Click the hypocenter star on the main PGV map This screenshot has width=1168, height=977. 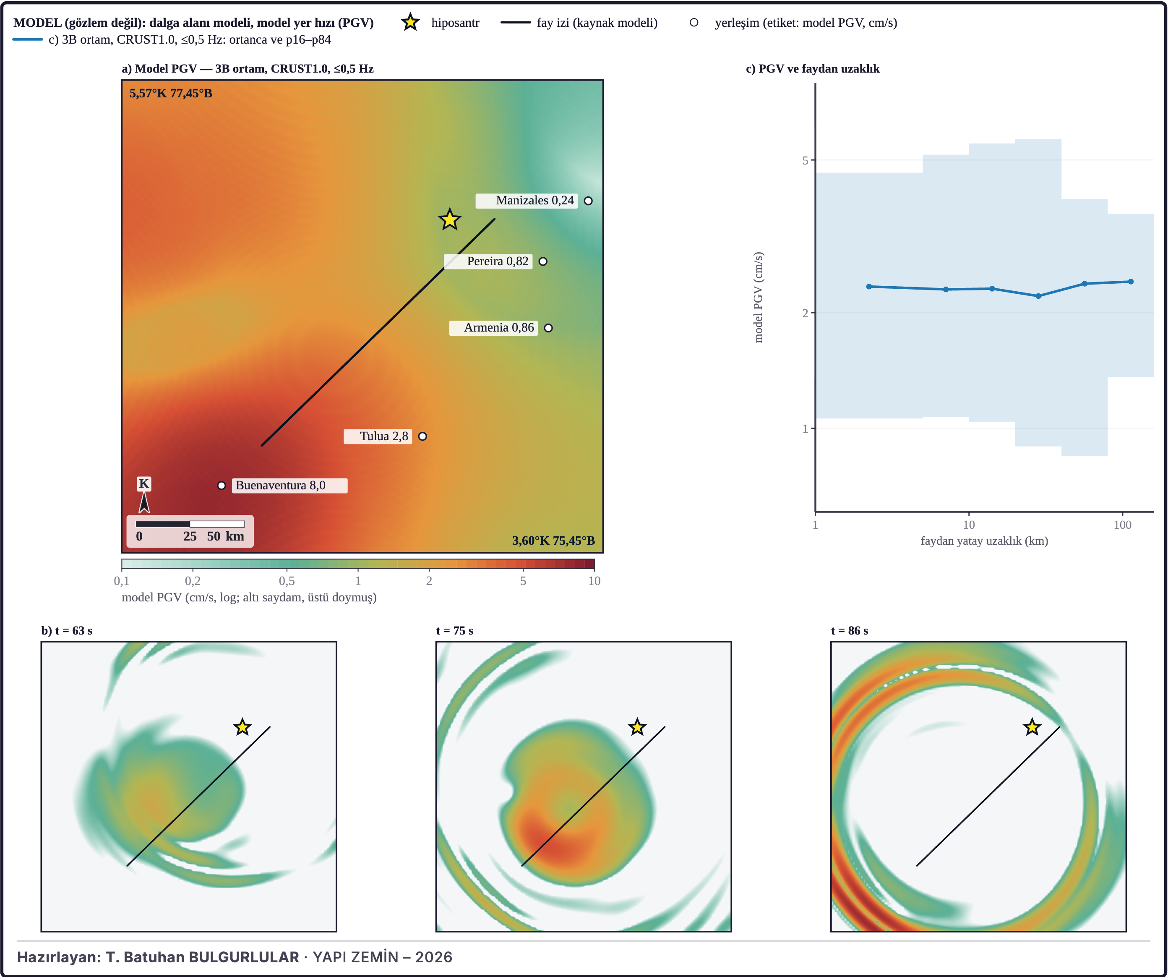(449, 220)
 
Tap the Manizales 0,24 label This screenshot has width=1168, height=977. (534, 200)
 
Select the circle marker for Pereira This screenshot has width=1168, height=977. (543, 261)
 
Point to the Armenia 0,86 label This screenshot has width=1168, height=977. (499, 328)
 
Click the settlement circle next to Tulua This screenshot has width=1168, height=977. (423, 436)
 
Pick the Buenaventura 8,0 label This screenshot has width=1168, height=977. (280, 485)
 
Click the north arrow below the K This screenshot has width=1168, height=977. (144, 502)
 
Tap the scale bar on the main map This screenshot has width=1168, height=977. (190, 524)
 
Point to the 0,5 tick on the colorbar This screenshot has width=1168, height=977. (287, 581)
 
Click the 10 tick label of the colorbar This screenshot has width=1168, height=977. (594, 581)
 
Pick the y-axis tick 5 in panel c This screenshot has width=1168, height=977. (805, 161)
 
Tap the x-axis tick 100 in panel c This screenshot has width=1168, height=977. (1122, 525)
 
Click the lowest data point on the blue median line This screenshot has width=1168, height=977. (1038, 296)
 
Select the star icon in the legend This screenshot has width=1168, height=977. (410, 22)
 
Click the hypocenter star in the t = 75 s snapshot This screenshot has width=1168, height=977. (637, 726)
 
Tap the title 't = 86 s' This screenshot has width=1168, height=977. (849, 630)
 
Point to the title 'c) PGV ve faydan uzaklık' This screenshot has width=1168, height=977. (813, 68)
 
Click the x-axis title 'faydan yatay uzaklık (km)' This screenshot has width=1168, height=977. (985, 541)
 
